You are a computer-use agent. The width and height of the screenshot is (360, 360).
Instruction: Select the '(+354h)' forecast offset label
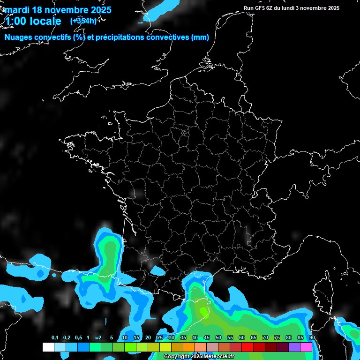click(83, 21)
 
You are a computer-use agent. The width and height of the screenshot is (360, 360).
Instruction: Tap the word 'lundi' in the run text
click(296, 8)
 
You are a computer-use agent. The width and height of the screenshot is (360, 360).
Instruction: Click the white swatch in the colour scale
click(48, 347)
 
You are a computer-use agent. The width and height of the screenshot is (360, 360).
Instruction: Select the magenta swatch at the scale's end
click(306, 347)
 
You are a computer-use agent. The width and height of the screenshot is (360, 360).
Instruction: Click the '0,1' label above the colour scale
click(55, 338)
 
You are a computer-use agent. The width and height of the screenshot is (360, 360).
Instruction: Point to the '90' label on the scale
click(312, 338)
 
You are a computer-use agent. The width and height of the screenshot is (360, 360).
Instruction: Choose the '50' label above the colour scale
click(218, 338)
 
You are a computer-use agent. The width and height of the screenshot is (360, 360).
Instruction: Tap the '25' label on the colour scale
click(160, 338)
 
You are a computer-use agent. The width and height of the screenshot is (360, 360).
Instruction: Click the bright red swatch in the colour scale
click(247, 347)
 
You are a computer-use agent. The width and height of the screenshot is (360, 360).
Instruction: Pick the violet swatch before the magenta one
click(294, 347)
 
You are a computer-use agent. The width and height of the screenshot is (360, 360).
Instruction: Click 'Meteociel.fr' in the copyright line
click(219, 357)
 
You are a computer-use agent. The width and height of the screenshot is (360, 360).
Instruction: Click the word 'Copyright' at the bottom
click(176, 357)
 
